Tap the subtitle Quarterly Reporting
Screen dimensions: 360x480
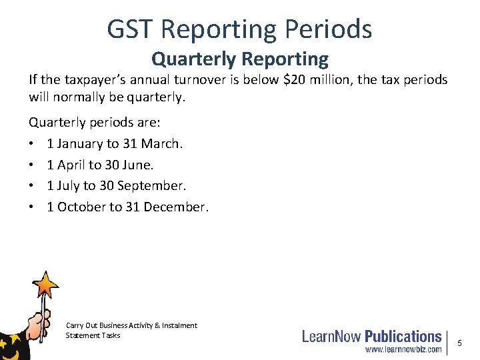point(240,59)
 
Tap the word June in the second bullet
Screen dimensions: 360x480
point(137,165)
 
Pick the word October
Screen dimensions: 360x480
point(83,207)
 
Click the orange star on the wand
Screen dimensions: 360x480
point(47,284)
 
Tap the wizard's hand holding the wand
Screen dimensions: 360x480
point(38,325)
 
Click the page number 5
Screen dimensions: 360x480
point(459,343)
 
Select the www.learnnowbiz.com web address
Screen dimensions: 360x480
point(403,349)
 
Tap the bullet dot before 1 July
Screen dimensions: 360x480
point(32,186)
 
